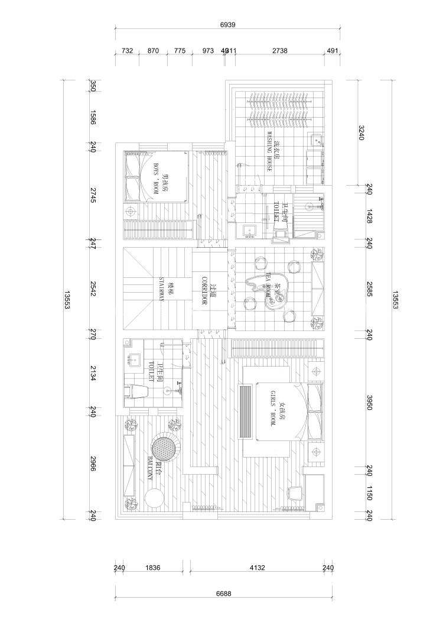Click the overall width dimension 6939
pos(227,25)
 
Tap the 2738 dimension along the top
pos(279,51)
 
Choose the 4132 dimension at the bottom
pos(257,568)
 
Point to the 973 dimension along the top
pos(208,51)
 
